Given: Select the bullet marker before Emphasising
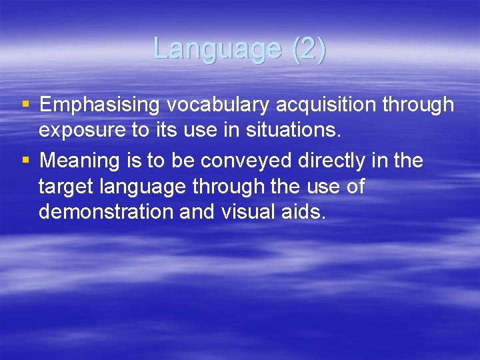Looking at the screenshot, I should pyautogui.click(x=25, y=104).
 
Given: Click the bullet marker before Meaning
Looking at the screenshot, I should pyautogui.click(x=25, y=159).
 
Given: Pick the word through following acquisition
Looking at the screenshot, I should pyautogui.click(x=413, y=105).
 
